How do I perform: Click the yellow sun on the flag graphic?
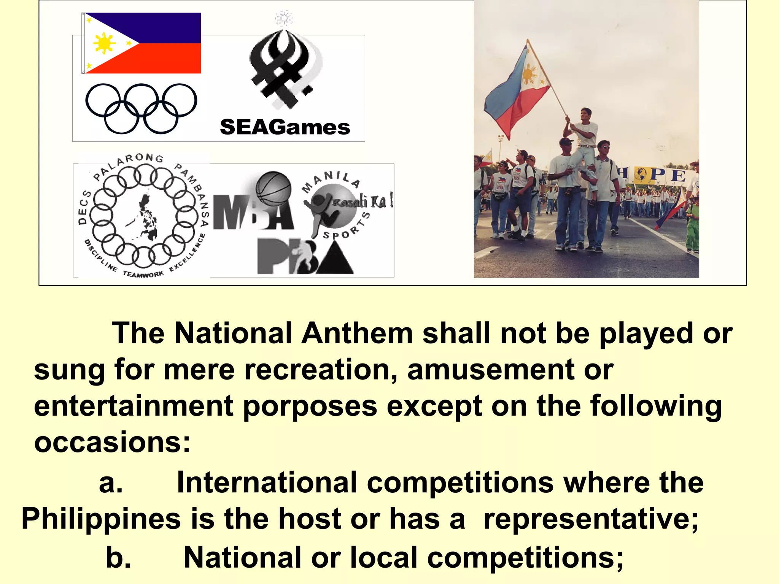pos(104,44)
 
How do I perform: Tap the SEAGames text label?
pos(285,127)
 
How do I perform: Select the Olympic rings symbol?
pos(141,108)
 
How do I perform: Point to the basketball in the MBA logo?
pos(273,189)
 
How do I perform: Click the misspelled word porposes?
pos(310,406)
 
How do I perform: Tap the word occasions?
pos(112,442)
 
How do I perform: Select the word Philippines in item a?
pos(101,519)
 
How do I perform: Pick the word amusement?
pos(491,370)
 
